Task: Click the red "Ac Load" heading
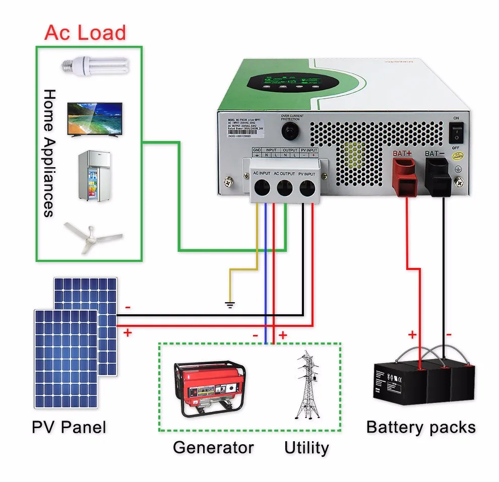click(85, 32)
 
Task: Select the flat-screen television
click(95, 119)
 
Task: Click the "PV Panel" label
click(69, 428)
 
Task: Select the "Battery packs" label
click(420, 427)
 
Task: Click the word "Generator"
click(213, 447)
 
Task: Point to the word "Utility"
click(306, 447)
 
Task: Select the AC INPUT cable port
click(262, 189)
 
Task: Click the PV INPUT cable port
click(308, 189)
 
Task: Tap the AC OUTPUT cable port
click(285, 189)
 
